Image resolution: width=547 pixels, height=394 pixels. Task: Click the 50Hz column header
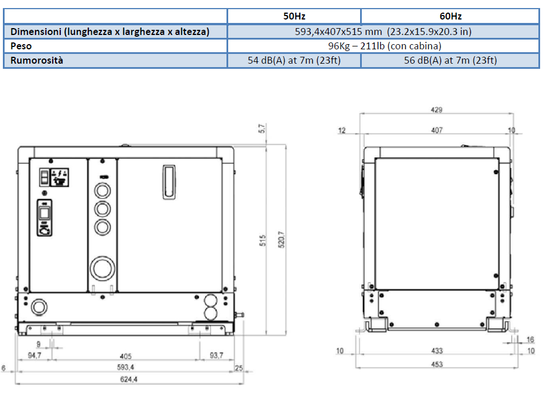pos(294,16)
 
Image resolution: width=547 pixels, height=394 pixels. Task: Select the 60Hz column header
pos(450,16)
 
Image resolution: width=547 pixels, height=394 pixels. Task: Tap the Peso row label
pos(21,46)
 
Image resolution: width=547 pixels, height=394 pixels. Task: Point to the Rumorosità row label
pos(37,60)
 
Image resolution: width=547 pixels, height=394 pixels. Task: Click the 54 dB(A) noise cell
pos(294,60)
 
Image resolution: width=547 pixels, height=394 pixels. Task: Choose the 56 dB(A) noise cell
pos(450,60)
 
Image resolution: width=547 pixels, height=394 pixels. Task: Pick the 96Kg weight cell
pos(384,46)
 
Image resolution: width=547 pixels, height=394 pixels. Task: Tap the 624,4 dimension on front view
pos(129,379)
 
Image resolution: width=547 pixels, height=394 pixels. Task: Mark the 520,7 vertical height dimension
pos(281,239)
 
